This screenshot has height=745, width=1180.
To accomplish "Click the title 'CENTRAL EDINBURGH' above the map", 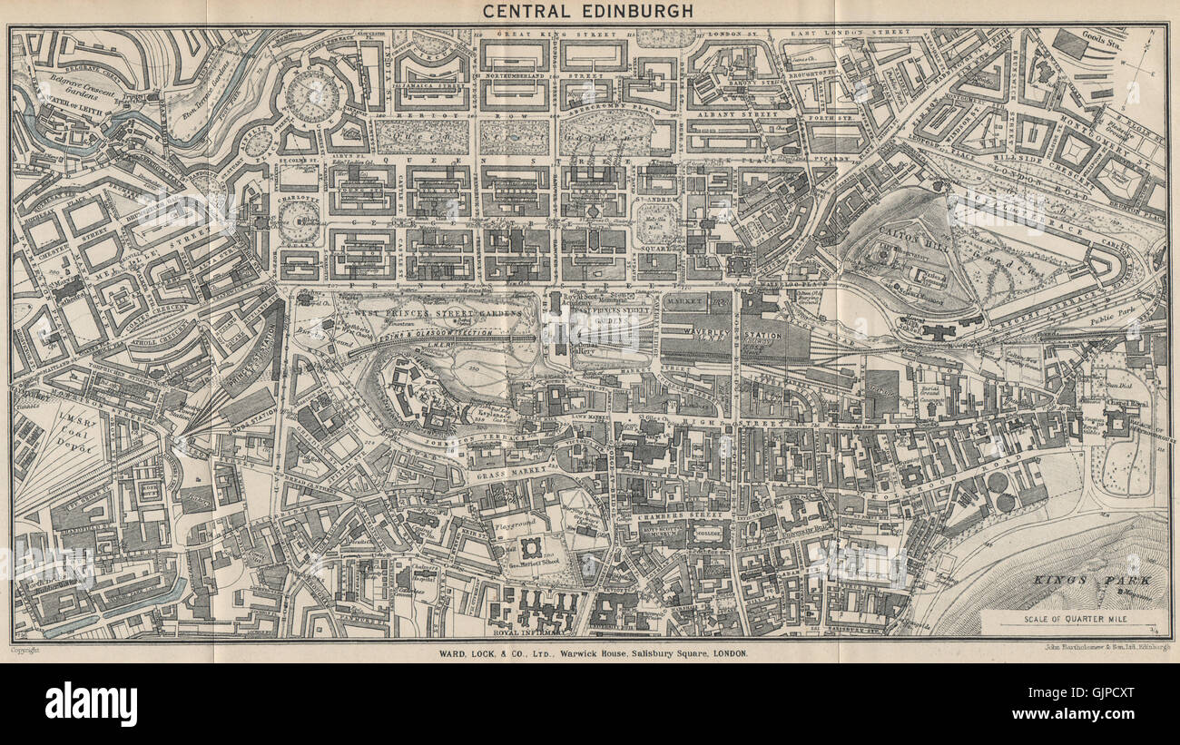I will [x=587, y=11].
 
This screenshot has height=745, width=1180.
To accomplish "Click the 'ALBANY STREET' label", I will [x=742, y=116].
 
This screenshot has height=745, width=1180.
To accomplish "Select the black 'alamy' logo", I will [x=91, y=703].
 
